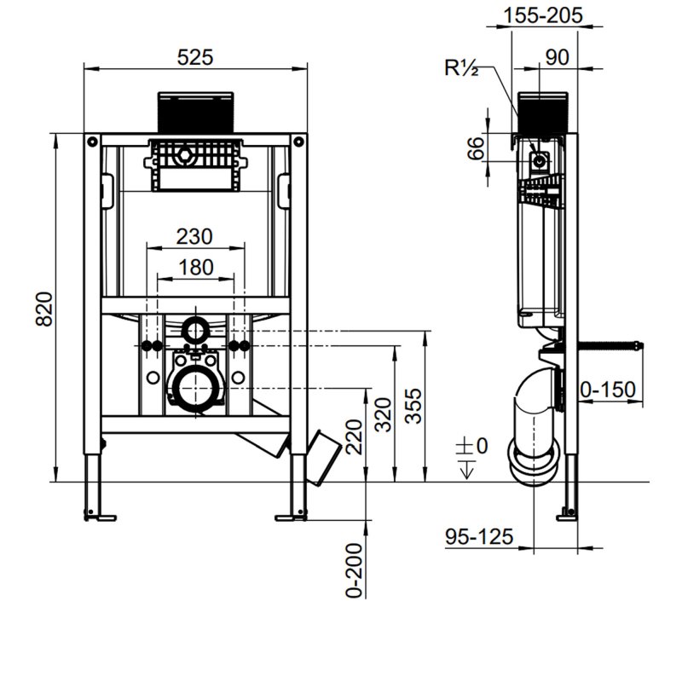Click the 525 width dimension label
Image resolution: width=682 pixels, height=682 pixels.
(x=195, y=56)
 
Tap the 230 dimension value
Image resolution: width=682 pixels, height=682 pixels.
(x=195, y=236)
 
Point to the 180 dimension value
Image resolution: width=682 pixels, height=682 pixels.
(x=195, y=268)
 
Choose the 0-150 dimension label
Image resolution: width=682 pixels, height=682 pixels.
(x=608, y=390)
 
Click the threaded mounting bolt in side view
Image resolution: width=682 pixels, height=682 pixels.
(x=611, y=345)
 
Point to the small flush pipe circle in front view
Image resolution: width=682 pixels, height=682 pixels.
(x=195, y=327)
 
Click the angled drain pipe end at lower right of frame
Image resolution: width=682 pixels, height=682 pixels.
(x=322, y=456)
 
